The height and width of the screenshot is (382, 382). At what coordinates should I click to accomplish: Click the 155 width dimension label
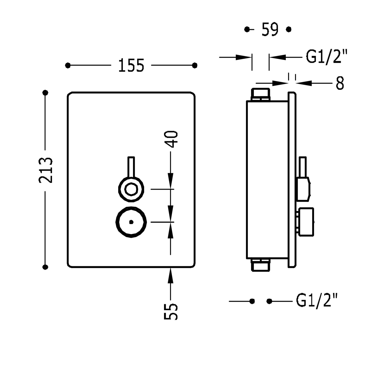(x=131, y=65)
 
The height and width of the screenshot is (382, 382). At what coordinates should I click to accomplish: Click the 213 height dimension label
(x=46, y=170)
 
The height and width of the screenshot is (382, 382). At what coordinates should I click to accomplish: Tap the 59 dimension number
(x=270, y=30)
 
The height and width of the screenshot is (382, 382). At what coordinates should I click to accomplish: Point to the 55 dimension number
(x=171, y=311)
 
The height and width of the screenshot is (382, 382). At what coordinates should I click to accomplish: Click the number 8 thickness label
(x=340, y=83)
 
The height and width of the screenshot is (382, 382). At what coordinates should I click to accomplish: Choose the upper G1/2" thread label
(x=326, y=57)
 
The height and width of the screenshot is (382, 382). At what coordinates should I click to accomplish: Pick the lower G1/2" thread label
(x=317, y=301)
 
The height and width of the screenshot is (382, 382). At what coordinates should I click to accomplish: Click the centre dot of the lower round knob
(x=131, y=222)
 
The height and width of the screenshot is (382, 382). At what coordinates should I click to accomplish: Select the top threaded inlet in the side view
(x=260, y=94)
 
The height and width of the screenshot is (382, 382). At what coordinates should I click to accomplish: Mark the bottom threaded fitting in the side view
(x=260, y=265)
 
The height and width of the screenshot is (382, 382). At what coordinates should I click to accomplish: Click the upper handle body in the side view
(x=304, y=189)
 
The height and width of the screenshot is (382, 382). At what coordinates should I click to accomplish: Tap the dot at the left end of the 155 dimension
(x=68, y=65)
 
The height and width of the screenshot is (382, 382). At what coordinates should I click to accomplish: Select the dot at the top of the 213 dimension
(x=46, y=93)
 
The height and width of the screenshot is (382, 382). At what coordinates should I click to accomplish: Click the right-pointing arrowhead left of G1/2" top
(x=243, y=57)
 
